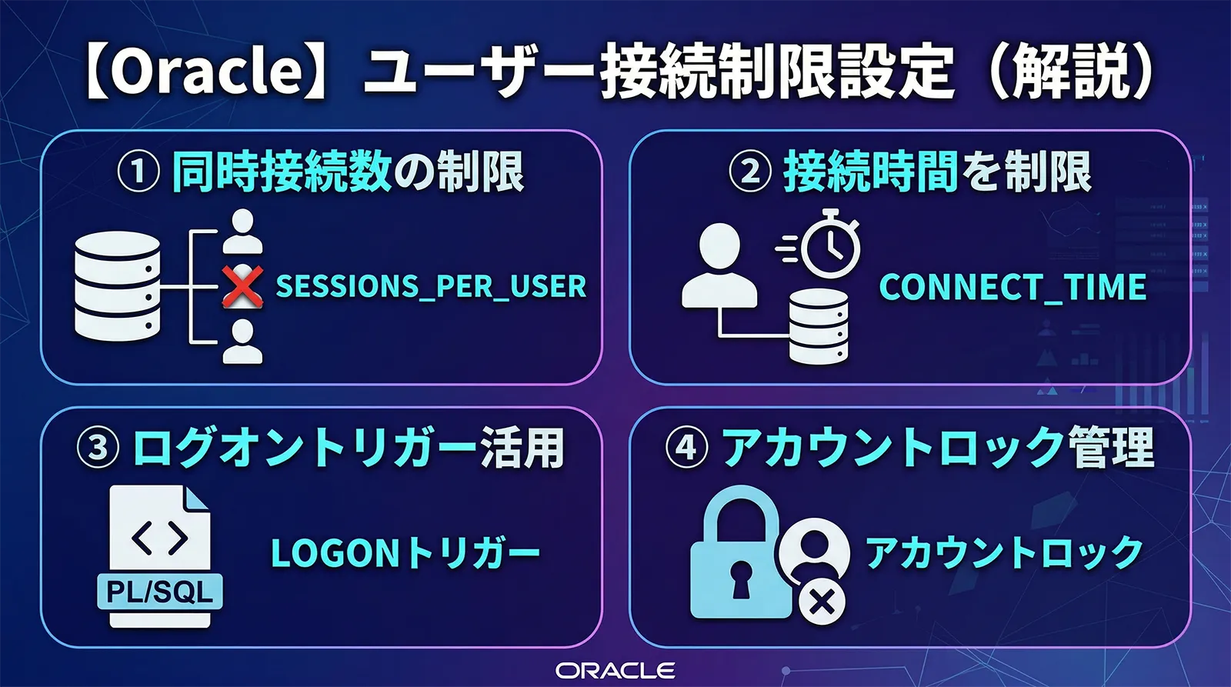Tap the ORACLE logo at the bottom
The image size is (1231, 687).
point(615,670)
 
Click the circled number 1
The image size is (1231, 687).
point(138,172)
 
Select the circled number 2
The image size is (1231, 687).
point(749,172)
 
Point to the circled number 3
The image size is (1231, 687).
point(98,448)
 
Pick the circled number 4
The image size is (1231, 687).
point(686,448)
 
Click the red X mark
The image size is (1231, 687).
point(242,287)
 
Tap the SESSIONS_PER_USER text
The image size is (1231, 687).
point(431,286)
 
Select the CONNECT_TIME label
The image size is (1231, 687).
point(1012,287)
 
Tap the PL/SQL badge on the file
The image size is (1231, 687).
point(160,592)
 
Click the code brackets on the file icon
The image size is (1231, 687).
point(160,537)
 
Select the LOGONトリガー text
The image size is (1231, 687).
point(405,553)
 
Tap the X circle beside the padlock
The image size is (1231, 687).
point(822,601)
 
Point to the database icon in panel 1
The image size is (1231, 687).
point(118,287)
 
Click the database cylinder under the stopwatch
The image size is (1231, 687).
point(819,326)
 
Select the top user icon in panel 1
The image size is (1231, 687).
point(242,231)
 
